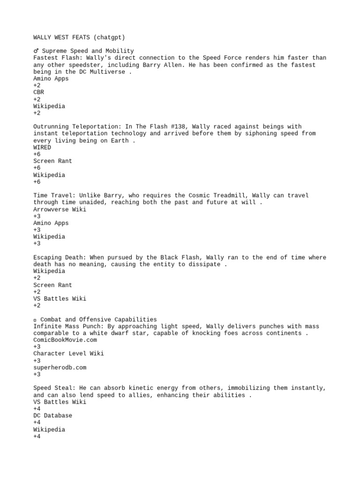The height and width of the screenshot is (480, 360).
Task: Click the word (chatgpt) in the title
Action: click(109, 37)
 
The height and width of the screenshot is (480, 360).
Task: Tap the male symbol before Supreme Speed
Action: click(36, 51)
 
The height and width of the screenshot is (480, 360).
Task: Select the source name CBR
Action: click(38, 92)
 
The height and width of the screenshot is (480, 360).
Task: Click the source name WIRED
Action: click(42, 147)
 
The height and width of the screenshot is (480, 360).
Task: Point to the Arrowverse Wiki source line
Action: click(60, 209)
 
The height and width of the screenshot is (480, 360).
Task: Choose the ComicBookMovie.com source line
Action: click(65, 340)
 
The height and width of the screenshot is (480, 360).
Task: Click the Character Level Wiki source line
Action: click(68, 353)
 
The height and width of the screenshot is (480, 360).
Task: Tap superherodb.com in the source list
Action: click(60, 367)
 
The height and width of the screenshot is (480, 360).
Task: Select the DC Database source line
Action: click(52, 416)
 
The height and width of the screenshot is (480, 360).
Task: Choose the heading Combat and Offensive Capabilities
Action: click(99, 319)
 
